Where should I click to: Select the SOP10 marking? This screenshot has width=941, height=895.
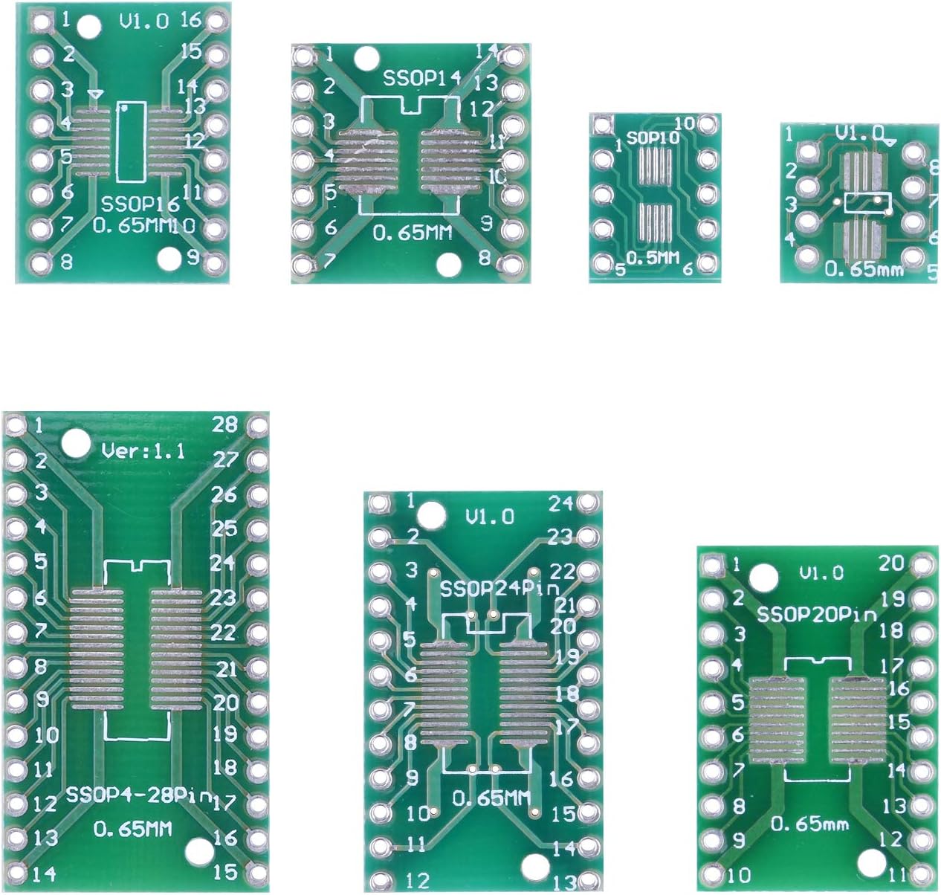tap(648, 138)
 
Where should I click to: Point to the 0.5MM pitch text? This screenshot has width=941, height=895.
tap(653, 258)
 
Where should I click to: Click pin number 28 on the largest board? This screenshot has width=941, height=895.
tap(224, 424)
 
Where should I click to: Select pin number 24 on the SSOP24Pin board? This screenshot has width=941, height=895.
tap(560, 503)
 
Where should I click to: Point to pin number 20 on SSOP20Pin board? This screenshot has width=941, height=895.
tap(892, 563)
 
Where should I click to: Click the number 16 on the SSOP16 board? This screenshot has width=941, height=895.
tap(191, 20)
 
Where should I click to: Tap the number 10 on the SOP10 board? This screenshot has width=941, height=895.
tap(684, 123)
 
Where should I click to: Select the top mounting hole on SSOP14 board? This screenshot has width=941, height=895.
tap(366, 57)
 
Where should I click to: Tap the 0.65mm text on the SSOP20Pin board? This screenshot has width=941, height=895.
tap(809, 824)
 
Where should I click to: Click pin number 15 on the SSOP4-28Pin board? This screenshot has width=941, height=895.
tap(225, 870)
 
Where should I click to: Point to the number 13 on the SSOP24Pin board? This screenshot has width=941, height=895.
tap(565, 882)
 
